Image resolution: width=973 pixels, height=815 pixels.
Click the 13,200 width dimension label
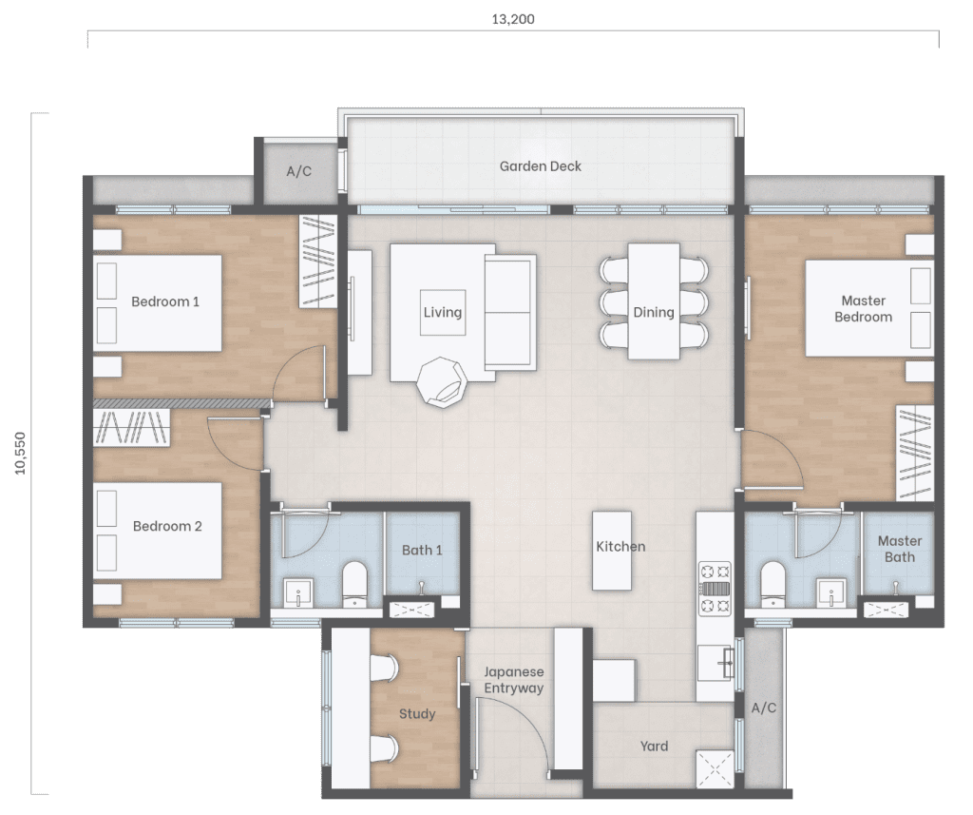pos(512,19)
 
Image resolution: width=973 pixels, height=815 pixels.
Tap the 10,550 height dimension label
pos(21,454)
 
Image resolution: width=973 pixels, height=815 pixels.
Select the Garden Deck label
pos(541,166)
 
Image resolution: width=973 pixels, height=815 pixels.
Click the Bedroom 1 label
pos(165,301)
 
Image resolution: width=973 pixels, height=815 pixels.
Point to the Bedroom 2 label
pos(167,526)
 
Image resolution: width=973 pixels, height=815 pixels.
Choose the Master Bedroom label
pos(863,309)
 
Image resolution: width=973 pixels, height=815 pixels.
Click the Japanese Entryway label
pos(514,680)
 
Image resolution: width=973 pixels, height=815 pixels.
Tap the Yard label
pos(654,746)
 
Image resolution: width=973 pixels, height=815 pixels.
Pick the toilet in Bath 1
pos(355,584)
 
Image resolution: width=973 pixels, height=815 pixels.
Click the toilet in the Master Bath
pos(773,584)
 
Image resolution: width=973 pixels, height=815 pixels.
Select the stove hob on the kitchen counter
pos(715,589)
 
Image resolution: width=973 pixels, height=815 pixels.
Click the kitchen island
pos(612,551)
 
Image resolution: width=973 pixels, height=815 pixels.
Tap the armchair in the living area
pos(442,382)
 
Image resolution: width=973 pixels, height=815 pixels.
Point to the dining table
pos(654,301)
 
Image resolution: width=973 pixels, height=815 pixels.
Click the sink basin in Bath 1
pos(298,593)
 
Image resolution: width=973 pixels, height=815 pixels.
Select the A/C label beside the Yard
pos(763,708)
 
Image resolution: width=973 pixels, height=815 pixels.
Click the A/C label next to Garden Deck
pos(298,171)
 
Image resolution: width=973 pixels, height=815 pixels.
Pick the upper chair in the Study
pos(384,669)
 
